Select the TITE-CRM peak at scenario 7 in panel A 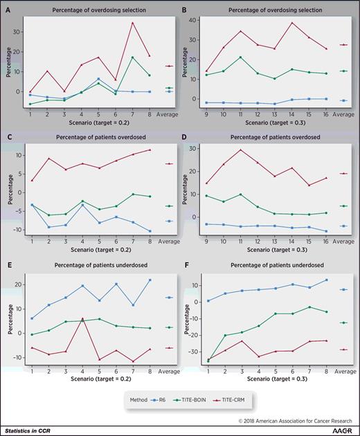point(132,23)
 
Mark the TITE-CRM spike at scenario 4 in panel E point(82,318)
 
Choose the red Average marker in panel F point(343,349)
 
